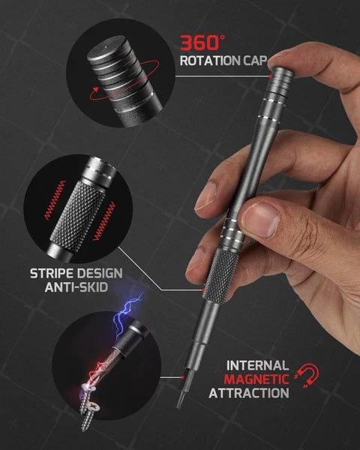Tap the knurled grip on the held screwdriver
[x=219, y=274]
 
